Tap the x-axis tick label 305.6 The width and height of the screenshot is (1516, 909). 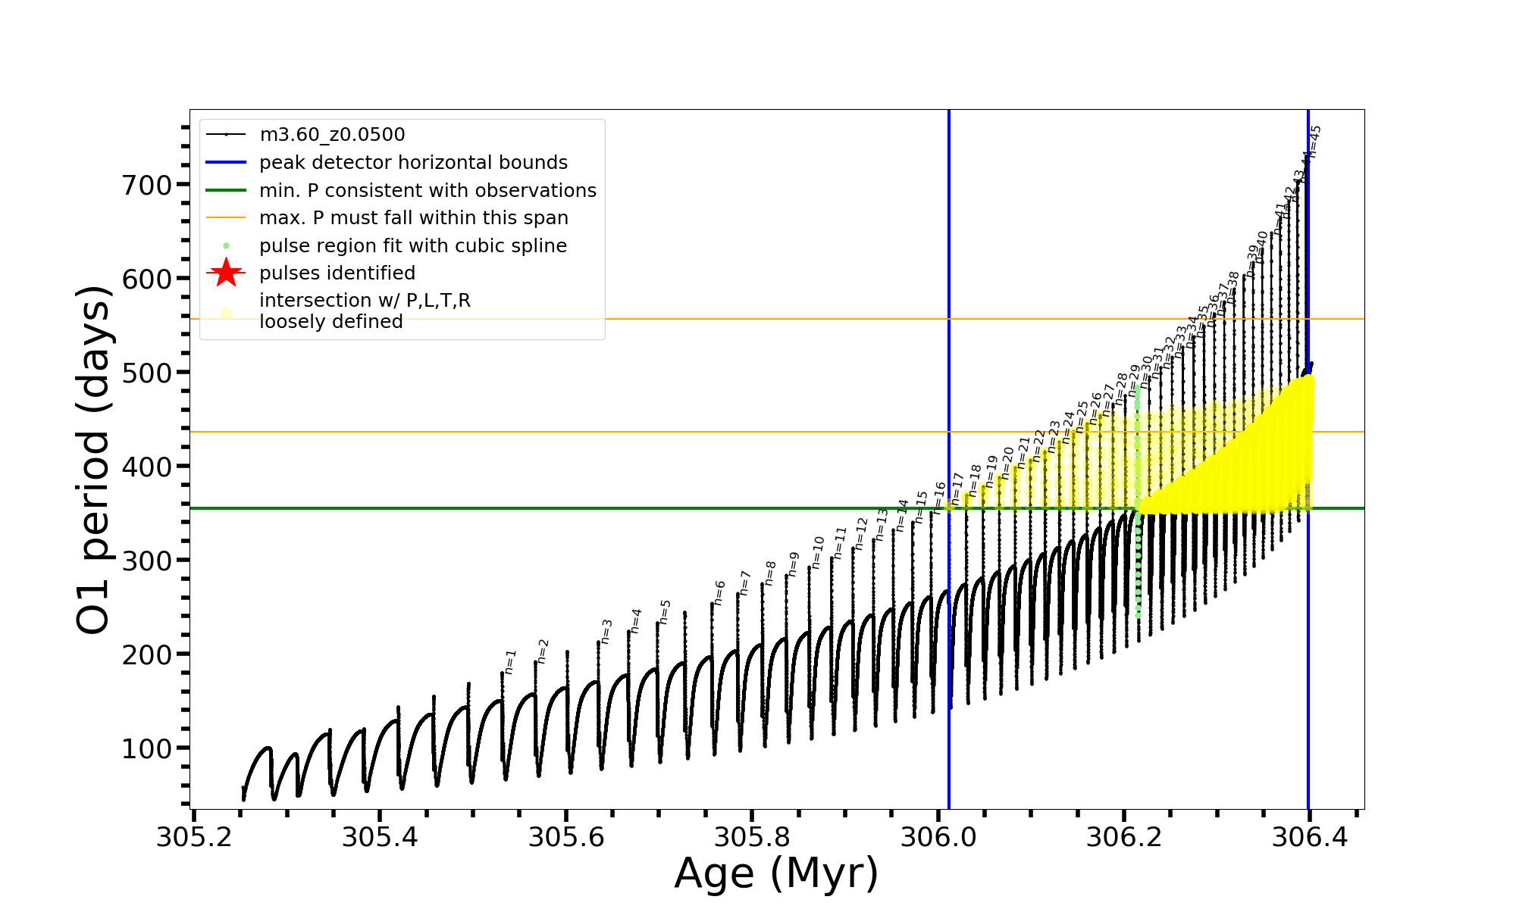pyautogui.click(x=565, y=837)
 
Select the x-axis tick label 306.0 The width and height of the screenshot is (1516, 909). pyautogui.click(x=938, y=837)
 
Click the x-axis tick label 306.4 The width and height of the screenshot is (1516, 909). pyautogui.click(x=1309, y=837)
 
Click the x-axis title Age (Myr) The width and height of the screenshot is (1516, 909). pyautogui.click(x=776, y=873)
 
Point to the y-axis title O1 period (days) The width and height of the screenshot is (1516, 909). pyautogui.click(x=94, y=459)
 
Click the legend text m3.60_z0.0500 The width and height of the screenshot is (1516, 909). pyautogui.click(x=332, y=135)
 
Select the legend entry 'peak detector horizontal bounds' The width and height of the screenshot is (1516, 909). pyautogui.click(x=413, y=163)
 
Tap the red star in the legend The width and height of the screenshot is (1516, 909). pyautogui.click(x=226, y=273)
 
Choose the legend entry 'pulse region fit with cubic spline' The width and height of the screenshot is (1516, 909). pyautogui.click(x=412, y=246)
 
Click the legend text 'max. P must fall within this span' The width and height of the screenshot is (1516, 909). pyautogui.click(x=413, y=218)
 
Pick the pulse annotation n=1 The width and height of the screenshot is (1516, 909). pyautogui.click(x=510, y=661)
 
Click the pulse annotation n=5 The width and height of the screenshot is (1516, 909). pyautogui.click(x=666, y=611)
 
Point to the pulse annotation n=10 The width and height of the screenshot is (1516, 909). pyautogui.click(x=818, y=552)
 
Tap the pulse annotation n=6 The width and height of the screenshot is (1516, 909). pyautogui.click(x=719, y=592)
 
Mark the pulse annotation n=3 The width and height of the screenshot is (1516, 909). pyautogui.click(x=606, y=631)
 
